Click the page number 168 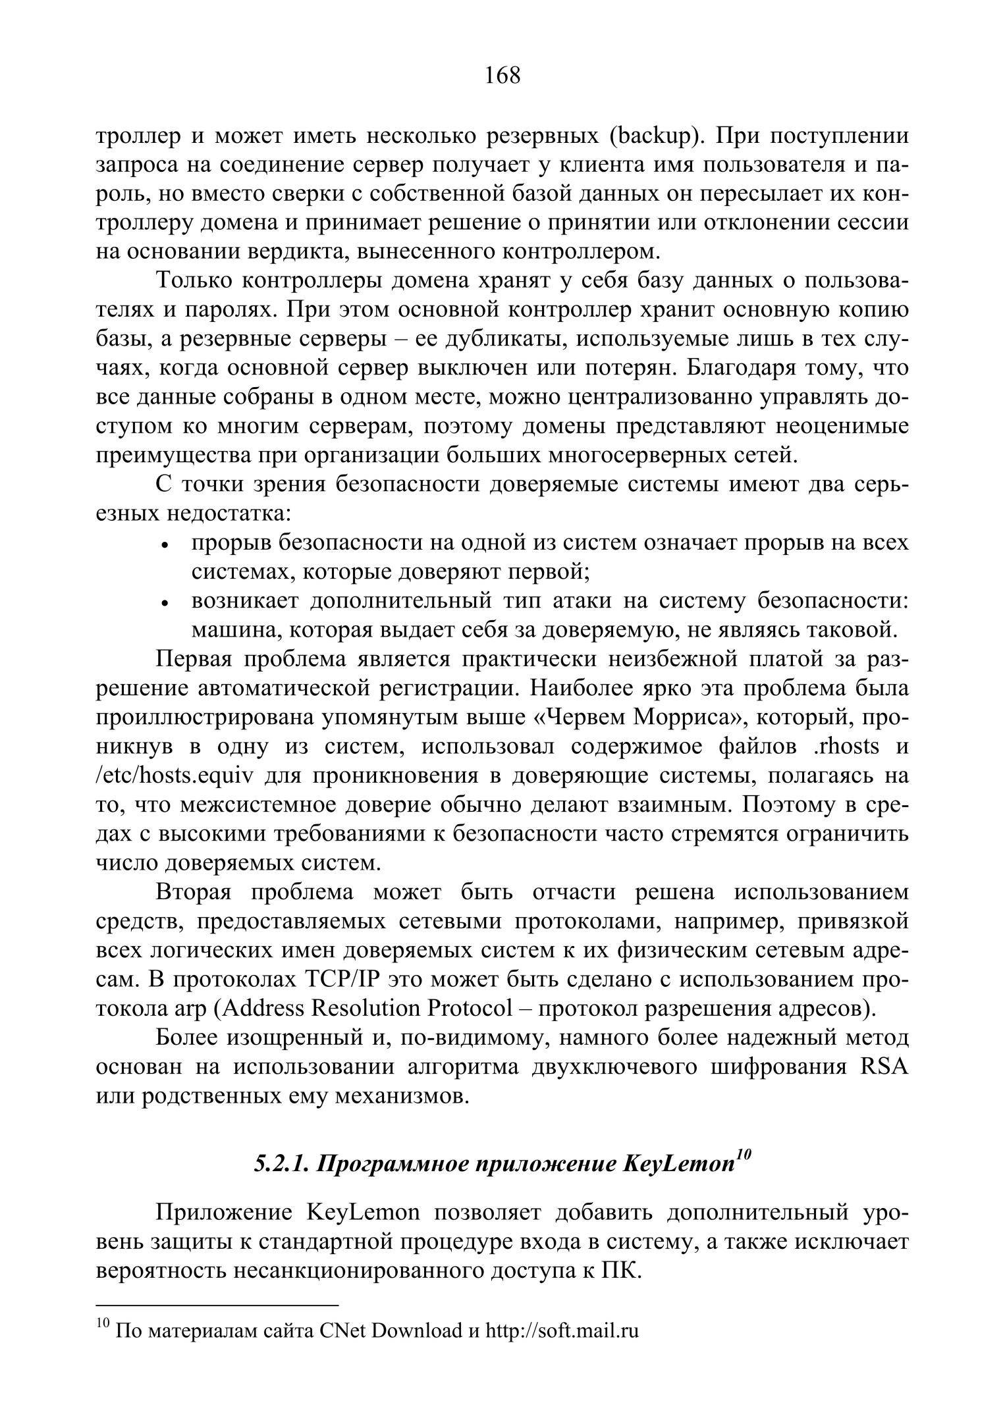pos(502,76)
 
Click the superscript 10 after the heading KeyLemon pos(743,1155)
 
